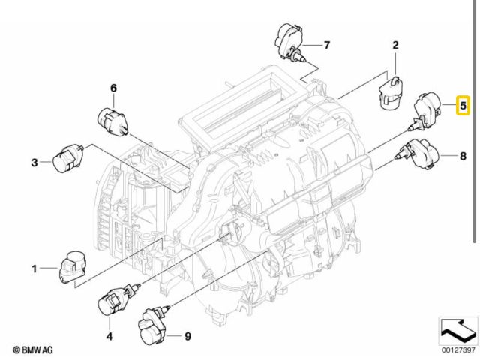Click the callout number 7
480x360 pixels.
tap(327, 45)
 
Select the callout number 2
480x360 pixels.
tap(396, 45)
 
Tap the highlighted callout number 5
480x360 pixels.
tap(463, 105)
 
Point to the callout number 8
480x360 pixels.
tap(463, 156)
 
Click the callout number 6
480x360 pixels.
tap(113, 88)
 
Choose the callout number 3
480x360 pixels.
tap(34, 163)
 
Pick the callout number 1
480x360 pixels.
tap(34, 268)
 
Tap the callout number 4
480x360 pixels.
tap(109, 336)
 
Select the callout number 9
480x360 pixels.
tap(187, 336)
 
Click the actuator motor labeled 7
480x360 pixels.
tap(290, 42)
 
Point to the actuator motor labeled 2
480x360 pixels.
tap(391, 92)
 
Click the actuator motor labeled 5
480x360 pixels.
tap(425, 112)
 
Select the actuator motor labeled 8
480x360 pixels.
tap(417, 154)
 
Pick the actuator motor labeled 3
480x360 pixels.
tap(68, 158)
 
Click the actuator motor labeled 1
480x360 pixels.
tap(73, 267)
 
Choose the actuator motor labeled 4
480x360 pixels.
tap(118, 300)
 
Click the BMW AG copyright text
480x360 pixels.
tap(33, 349)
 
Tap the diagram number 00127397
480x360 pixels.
tap(458, 349)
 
